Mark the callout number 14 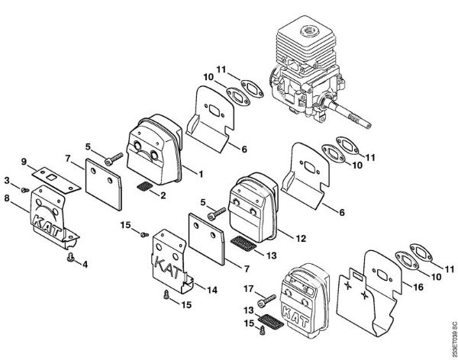click(212, 289)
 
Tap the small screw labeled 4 click(71, 259)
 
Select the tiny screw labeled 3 click(24, 188)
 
